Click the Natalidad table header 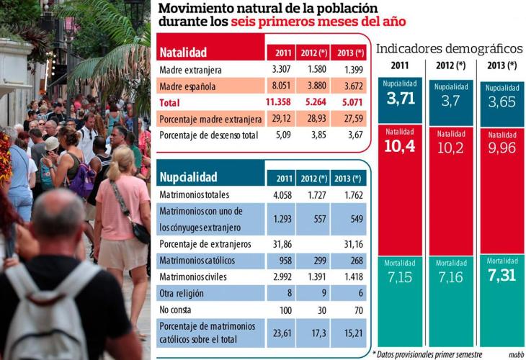click(183, 53)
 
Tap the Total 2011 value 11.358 click(280, 102)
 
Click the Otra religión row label click(182, 293)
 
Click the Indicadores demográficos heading click(449, 49)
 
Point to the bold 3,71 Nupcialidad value click(401, 99)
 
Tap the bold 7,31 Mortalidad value click(502, 276)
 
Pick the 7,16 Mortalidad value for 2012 click(450, 277)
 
